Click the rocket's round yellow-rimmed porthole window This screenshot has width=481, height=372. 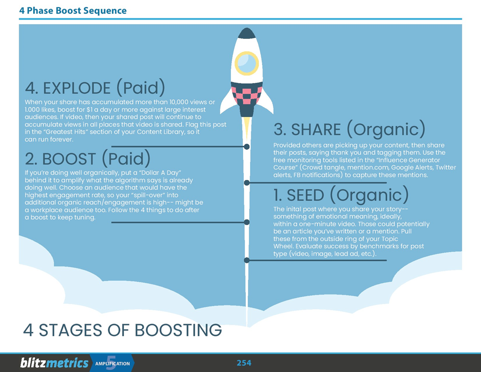[x=246, y=63]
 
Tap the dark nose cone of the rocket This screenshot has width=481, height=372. [x=246, y=33]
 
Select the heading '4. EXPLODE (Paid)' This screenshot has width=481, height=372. [x=95, y=88]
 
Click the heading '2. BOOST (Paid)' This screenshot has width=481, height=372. [x=87, y=159]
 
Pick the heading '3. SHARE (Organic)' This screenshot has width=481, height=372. [x=349, y=129]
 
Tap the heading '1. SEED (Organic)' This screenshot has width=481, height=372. [x=341, y=195]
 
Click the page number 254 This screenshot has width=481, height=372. [x=244, y=363]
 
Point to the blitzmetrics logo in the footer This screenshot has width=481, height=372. [x=54, y=363]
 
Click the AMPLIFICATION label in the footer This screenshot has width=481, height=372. [x=113, y=363]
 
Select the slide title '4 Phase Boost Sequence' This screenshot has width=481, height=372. [x=73, y=10]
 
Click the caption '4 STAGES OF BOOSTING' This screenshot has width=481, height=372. [x=122, y=330]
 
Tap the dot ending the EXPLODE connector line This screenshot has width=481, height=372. [x=246, y=147]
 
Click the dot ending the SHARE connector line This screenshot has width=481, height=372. [x=246, y=183]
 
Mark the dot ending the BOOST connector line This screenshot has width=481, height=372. [x=246, y=222]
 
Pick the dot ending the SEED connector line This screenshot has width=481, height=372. [x=246, y=260]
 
